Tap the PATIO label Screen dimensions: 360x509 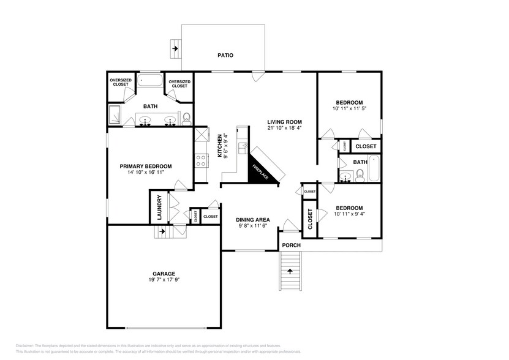(225, 55)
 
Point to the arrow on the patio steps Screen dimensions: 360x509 (176, 47)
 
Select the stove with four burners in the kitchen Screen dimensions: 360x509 (200, 160)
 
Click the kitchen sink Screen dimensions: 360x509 (243, 148)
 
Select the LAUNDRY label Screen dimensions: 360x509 (159, 207)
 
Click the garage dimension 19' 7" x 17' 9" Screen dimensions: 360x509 (164, 280)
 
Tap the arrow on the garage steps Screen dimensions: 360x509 (162, 231)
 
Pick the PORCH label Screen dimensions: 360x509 (291, 246)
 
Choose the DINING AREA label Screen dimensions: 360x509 (254, 219)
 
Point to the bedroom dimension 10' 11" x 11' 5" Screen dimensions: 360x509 (349, 109)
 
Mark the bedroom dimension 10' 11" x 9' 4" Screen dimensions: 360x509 (349, 214)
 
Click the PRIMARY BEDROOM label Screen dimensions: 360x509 (145, 166)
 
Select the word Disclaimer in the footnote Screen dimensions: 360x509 (26, 345)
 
